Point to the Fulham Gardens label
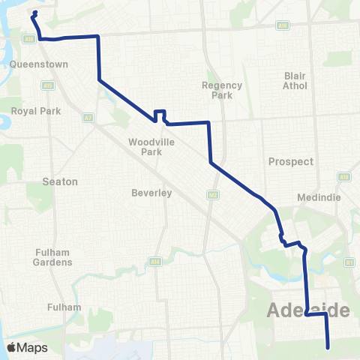(x=52, y=257)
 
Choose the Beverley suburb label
(x=152, y=193)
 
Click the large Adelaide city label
(x=309, y=310)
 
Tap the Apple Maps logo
(x=28, y=347)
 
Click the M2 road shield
(x=212, y=194)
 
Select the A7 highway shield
(x=88, y=118)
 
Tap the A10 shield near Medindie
(x=344, y=177)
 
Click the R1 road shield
(x=349, y=262)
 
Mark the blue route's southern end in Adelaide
(x=328, y=346)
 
